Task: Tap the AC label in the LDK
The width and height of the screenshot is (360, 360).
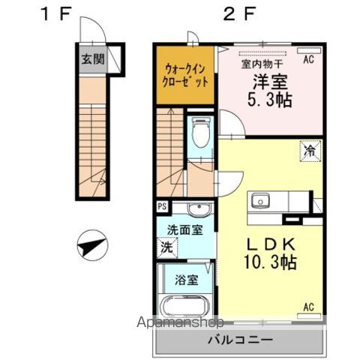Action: click(307, 305)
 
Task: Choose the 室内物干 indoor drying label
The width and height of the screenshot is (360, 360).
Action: click(261, 64)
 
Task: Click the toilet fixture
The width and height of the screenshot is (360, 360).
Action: click(200, 133)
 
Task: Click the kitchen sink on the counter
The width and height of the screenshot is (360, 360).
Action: click(261, 200)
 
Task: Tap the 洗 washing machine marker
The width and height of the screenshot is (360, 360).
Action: click(165, 246)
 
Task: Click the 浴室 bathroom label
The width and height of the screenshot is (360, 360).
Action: click(186, 280)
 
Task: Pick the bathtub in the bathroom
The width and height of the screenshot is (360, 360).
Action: click(184, 307)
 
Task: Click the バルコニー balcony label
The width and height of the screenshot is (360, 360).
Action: click(240, 340)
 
